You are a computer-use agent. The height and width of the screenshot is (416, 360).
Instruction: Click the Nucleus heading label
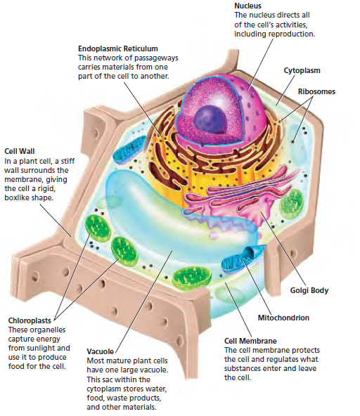(247, 6)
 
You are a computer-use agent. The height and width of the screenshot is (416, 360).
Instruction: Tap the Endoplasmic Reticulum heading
(118, 48)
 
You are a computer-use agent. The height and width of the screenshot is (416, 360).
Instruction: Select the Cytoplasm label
(302, 70)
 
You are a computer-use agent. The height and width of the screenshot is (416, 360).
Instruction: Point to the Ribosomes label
(316, 91)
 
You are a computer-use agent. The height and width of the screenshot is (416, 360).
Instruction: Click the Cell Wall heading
(20, 151)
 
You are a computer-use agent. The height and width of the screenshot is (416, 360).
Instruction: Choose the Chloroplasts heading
(30, 320)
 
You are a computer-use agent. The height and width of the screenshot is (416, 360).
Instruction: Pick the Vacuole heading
(100, 351)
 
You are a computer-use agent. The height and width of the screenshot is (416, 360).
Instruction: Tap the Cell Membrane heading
(250, 341)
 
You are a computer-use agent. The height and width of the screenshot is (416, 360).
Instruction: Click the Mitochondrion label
(283, 318)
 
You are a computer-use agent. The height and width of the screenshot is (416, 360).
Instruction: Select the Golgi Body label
(309, 290)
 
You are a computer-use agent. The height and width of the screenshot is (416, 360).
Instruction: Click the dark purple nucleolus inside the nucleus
(210, 119)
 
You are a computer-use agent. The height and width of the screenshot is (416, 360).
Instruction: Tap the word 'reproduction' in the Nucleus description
(291, 34)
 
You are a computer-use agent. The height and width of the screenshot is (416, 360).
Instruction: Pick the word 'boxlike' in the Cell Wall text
(16, 197)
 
